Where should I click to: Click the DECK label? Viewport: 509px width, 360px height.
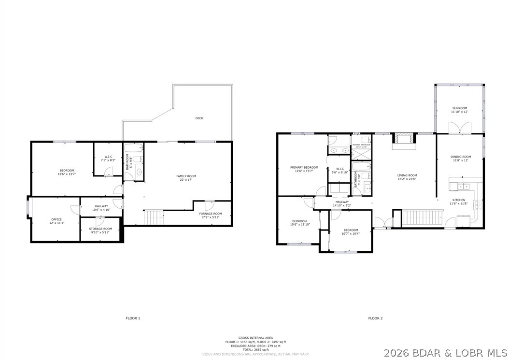tap(199, 118)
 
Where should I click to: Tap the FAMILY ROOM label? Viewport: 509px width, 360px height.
tap(186, 176)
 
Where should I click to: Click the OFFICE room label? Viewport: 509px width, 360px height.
tap(57, 219)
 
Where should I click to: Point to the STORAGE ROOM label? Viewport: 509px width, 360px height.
tap(100, 229)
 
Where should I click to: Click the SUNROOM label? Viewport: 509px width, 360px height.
tap(459, 108)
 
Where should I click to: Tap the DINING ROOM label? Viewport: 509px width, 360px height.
tap(460, 157)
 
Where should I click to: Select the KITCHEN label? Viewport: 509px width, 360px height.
tap(458, 200)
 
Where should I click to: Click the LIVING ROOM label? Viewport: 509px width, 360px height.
tap(407, 175)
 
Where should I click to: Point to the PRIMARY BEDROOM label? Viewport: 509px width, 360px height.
tap(304, 167)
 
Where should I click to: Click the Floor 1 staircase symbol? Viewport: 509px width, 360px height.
tap(154, 217)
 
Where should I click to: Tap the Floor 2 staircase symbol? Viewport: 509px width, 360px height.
tap(423, 217)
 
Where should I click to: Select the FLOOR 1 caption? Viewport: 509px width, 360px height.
tap(133, 318)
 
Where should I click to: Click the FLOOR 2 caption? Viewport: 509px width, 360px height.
tap(375, 318)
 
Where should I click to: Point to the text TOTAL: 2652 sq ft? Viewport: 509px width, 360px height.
tap(255, 350)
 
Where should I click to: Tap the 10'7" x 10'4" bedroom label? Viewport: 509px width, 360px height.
tap(351, 231)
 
